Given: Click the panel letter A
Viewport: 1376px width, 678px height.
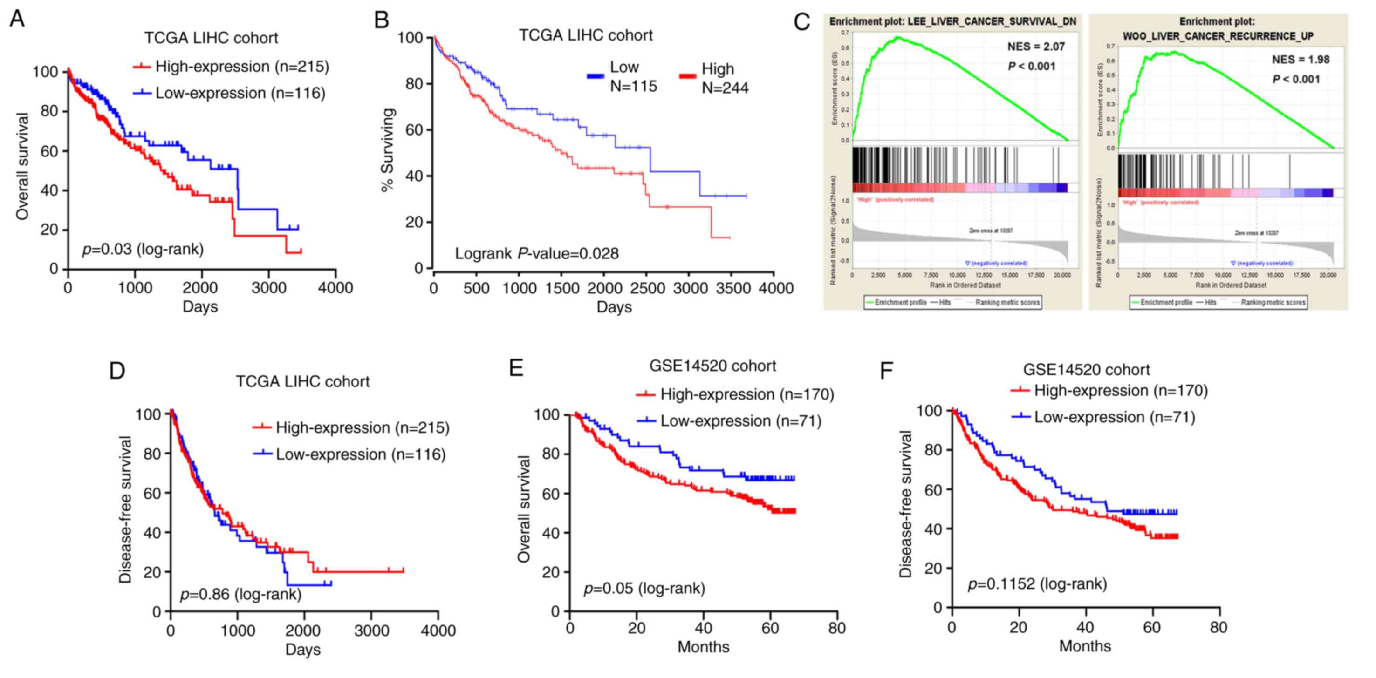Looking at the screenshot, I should coord(17,19).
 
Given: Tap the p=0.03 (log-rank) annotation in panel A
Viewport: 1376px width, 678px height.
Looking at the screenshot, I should coord(143,249).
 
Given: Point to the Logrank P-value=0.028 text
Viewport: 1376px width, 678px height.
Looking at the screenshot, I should coord(536,254).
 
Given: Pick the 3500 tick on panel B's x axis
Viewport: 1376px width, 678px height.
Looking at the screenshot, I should coord(732,289).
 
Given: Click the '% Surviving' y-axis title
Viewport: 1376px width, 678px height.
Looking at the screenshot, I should coord(387,150).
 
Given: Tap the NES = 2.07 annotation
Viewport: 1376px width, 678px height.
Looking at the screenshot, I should coord(1036,47).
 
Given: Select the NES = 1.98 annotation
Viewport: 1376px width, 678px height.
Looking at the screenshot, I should coord(1300,60).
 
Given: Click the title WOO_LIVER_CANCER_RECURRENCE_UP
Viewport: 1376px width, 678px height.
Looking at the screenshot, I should coord(1218,36).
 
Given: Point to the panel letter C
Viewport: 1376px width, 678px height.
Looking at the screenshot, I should coord(802,22).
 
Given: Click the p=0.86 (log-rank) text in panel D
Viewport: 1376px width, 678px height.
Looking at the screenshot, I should coord(240,594).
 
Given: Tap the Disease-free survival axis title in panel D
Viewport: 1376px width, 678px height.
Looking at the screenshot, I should coord(125,510).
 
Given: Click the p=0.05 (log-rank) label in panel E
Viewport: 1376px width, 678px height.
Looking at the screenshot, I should coord(644,588).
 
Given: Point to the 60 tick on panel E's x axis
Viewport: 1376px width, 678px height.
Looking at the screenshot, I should coord(770,628).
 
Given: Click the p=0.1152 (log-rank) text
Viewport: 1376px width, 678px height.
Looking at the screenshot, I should coord(1037,584).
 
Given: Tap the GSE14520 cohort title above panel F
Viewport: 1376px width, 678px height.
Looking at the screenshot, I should coord(1086,369).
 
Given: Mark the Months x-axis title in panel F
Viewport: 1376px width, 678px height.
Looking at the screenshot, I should coord(1084,646).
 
